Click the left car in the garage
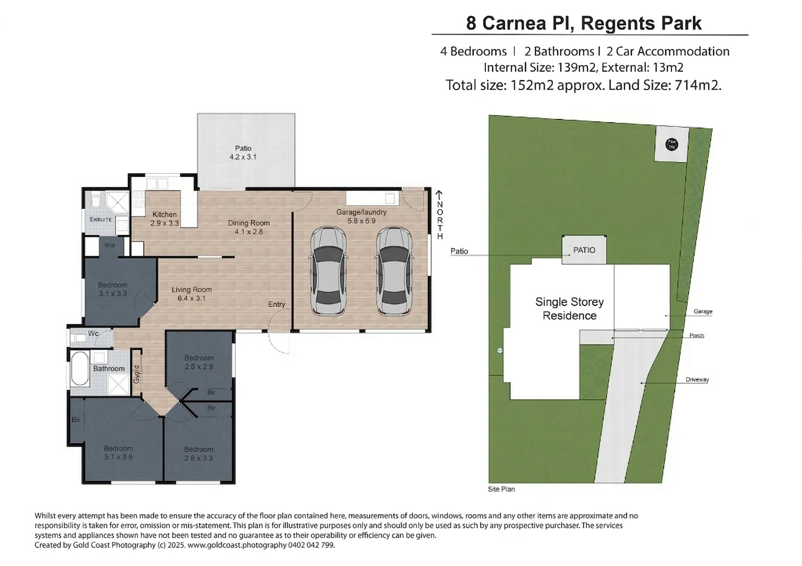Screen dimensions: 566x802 (x=328, y=271)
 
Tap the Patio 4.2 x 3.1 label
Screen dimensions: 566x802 (x=243, y=153)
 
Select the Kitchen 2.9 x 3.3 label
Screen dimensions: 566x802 (x=165, y=219)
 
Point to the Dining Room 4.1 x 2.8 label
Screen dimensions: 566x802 (x=248, y=227)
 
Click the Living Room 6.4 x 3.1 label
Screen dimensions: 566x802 (x=192, y=293)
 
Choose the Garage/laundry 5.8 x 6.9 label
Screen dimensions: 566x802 (x=361, y=216)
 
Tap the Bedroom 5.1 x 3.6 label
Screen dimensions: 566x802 (x=118, y=452)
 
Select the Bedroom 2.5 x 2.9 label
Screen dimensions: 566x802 (x=199, y=362)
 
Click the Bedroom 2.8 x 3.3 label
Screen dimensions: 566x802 (x=199, y=453)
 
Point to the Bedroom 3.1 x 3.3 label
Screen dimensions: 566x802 (x=113, y=289)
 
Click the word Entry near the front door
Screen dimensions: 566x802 (x=277, y=304)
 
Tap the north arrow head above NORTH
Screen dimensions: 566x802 (x=439, y=193)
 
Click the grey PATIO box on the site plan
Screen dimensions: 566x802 (x=584, y=250)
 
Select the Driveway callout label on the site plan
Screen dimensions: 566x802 (x=697, y=379)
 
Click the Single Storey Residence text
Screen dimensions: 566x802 (x=569, y=309)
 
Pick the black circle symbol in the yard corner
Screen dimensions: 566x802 (x=671, y=144)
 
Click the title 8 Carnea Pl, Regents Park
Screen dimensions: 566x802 (x=583, y=23)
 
